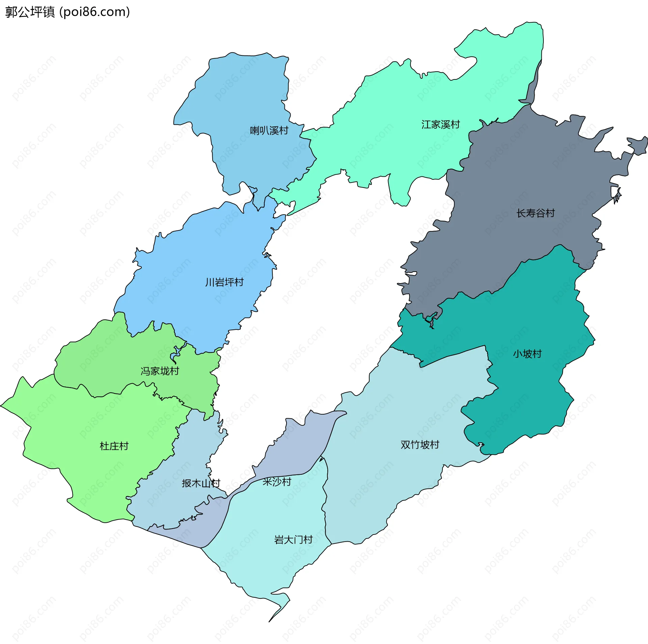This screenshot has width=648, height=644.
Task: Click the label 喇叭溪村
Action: click(x=269, y=130)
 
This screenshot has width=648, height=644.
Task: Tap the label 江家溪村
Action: click(x=440, y=125)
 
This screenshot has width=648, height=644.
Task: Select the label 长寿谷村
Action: click(x=536, y=213)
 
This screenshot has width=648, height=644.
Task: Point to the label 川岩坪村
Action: click(x=224, y=282)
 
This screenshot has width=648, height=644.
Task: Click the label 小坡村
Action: click(x=527, y=354)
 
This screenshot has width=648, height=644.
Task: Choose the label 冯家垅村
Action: click(x=160, y=371)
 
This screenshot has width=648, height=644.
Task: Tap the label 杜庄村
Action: click(x=114, y=446)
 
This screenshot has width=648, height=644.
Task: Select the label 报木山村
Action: click(x=201, y=483)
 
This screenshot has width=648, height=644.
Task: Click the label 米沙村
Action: click(x=277, y=482)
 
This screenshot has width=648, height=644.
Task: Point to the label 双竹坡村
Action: click(x=420, y=445)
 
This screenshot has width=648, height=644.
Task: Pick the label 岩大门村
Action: click(x=293, y=540)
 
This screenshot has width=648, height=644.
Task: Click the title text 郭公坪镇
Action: click(x=30, y=12)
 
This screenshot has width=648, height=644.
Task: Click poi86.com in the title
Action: click(x=95, y=12)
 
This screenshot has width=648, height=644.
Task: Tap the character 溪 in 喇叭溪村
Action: click(x=274, y=130)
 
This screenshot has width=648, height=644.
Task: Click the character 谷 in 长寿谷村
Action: click(x=541, y=213)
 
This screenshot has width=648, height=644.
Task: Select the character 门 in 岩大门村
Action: click(x=298, y=540)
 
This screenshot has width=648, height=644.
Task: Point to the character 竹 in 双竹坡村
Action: click(x=415, y=445)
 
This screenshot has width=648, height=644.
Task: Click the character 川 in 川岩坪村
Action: click(x=210, y=282)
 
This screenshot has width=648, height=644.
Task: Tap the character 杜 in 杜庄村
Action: click(x=105, y=446)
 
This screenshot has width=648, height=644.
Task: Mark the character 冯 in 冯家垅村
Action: click(x=145, y=371)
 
